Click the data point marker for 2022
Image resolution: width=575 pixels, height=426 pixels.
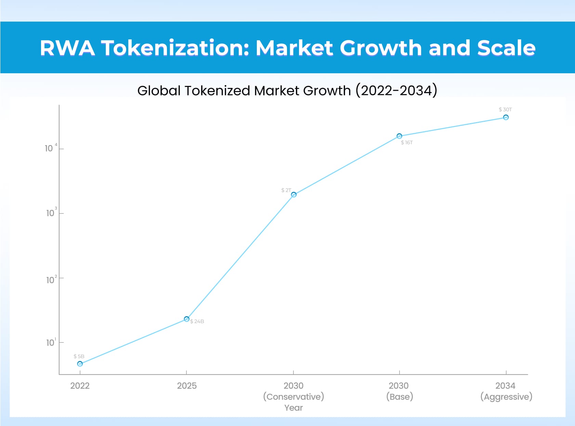pyautogui.click(x=80, y=364)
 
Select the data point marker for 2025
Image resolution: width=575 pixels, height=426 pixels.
pyautogui.click(x=186, y=319)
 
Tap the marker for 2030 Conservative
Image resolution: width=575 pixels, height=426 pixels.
pyautogui.click(x=293, y=195)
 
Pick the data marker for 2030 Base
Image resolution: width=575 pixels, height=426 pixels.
pyautogui.click(x=399, y=136)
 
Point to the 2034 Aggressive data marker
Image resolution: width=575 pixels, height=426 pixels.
pyautogui.click(x=506, y=117)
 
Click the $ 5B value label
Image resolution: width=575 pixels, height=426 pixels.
pyautogui.click(x=79, y=356)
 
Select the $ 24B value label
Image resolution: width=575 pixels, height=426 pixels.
pyautogui.click(x=197, y=321)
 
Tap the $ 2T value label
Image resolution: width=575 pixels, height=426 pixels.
pyautogui.click(x=286, y=190)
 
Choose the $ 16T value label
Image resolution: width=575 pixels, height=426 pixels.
pyautogui.click(x=407, y=142)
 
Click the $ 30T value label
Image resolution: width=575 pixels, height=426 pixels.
pyautogui.click(x=505, y=109)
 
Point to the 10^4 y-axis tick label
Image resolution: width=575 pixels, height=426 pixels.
pyautogui.click(x=50, y=148)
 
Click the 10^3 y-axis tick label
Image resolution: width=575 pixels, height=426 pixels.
pyautogui.click(x=51, y=213)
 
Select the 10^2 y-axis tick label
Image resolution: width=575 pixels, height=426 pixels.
pyautogui.click(x=51, y=280)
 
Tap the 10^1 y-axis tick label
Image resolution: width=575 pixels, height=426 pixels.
pyautogui.click(x=51, y=343)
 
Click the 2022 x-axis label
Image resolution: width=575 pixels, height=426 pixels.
pyautogui.click(x=80, y=386)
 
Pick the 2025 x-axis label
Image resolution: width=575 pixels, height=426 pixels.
pyautogui.click(x=187, y=386)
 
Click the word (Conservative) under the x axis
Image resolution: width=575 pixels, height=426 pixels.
pyautogui.click(x=293, y=397)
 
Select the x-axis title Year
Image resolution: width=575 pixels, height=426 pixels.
pyautogui.click(x=293, y=408)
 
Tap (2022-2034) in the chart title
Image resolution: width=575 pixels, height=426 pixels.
pyautogui.click(x=396, y=90)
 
